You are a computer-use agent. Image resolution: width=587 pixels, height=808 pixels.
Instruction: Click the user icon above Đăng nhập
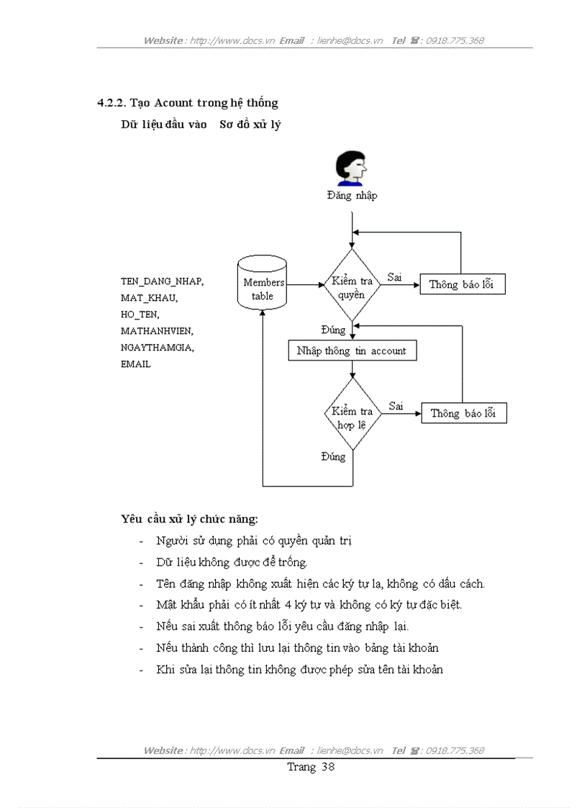tap(352, 168)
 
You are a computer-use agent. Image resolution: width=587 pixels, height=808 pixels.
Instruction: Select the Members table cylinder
tap(263, 284)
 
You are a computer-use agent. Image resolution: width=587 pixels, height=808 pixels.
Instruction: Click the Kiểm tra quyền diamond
tap(352, 285)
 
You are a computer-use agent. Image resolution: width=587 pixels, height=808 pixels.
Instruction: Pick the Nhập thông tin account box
tap(351, 351)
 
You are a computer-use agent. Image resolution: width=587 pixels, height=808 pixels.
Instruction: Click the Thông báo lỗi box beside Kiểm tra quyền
tap(462, 284)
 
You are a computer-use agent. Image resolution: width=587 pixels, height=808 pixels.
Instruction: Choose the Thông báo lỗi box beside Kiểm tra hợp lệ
tap(463, 413)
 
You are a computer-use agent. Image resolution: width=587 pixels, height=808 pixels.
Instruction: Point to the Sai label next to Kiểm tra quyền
tap(395, 277)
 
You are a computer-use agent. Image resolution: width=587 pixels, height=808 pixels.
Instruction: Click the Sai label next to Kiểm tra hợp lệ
tap(396, 407)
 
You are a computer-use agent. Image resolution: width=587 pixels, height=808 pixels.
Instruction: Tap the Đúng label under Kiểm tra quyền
tap(333, 330)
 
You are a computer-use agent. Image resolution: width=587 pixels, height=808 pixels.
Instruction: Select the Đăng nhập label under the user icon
tap(352, 196)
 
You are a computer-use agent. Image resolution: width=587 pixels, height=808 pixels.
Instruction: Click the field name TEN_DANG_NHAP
tap(162, 282)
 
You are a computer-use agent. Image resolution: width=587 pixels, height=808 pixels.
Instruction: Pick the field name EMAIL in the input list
tap(136, 365)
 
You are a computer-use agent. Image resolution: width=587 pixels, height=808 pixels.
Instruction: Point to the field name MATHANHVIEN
tap(157, 332)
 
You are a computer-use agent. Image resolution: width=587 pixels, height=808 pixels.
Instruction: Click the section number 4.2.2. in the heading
tap(113, 103)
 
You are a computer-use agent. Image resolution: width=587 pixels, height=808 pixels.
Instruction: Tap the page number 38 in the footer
tap(328, 767)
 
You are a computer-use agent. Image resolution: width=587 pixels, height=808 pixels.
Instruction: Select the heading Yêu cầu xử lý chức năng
tap(190, 518)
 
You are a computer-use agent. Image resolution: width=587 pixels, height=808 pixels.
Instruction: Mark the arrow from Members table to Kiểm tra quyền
tap(306, 284)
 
